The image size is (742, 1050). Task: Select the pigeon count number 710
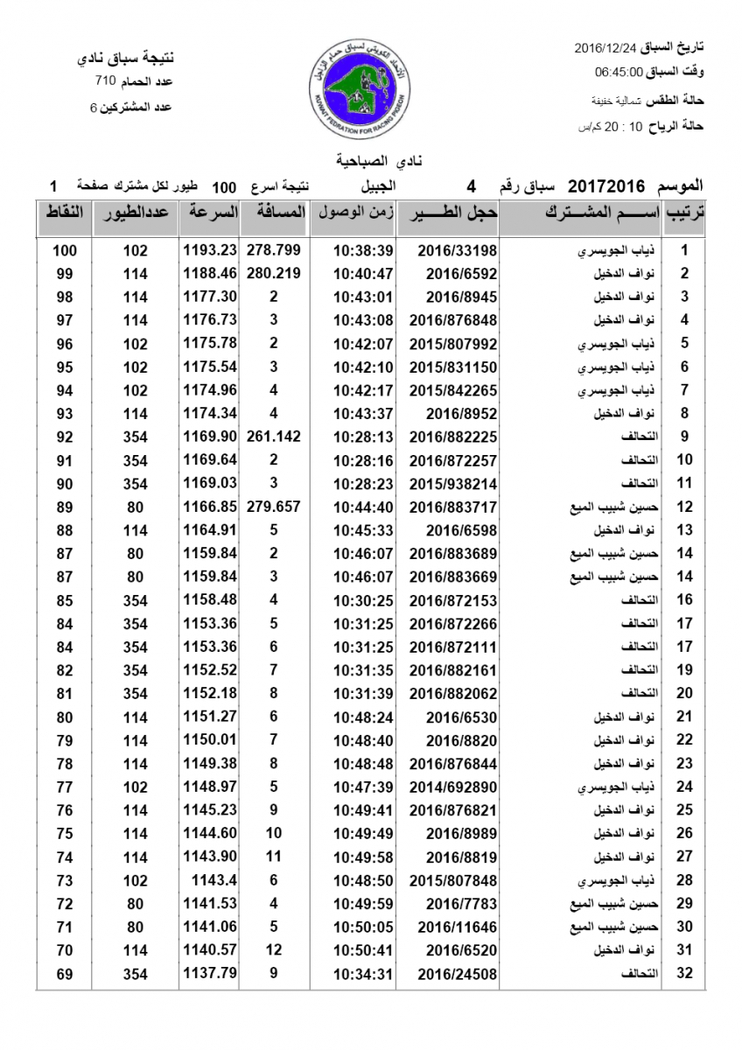106,81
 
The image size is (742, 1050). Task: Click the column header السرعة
209,213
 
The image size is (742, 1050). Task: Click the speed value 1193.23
210,250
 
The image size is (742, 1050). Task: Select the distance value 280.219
274,273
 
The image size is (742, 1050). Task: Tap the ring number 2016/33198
446,250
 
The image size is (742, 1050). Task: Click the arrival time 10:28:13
363,437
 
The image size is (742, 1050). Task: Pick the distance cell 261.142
274,437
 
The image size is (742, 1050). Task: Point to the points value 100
65,250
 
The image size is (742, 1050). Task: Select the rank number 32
685,973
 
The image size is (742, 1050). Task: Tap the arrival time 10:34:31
363,973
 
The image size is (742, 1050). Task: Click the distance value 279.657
274,507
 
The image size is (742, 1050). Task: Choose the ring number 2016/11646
446,927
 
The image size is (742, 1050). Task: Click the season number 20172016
606,186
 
